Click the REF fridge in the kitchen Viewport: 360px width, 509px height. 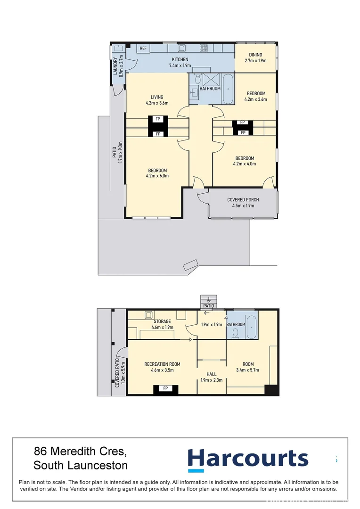point(143,48)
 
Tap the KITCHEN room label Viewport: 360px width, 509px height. point(180,59)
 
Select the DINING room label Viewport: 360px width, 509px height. point(255,55)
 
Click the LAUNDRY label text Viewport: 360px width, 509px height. point(115,66)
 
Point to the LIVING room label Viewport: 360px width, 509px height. point(157,97)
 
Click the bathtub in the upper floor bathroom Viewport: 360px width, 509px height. point(228,88)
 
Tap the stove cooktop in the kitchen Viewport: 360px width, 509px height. point(204,48)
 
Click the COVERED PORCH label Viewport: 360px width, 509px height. point(243,200)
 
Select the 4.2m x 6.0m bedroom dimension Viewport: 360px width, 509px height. point(157,176)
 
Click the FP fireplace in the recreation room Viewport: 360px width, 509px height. point(165,388)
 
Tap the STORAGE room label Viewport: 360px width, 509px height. point(162,321)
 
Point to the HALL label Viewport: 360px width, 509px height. point(212,374)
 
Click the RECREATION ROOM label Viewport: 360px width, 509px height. point(162,364)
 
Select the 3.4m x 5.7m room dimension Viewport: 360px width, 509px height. point(248,370)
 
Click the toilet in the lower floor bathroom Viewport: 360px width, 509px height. point(237,333)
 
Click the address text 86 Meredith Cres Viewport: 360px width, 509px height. point(80,452)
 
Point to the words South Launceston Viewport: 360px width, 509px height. point(81,466)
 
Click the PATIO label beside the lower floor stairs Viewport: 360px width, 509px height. point(208,306)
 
